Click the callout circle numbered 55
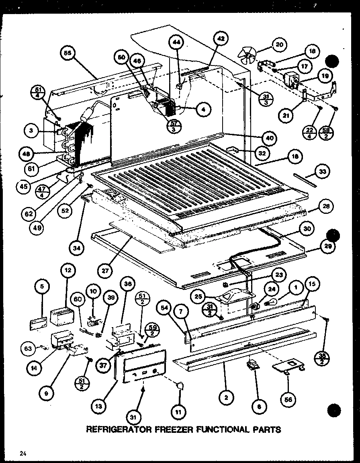click(x=67, y=54)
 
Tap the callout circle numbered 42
click(x=221, y=39)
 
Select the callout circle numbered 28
click(x=326, y=207)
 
